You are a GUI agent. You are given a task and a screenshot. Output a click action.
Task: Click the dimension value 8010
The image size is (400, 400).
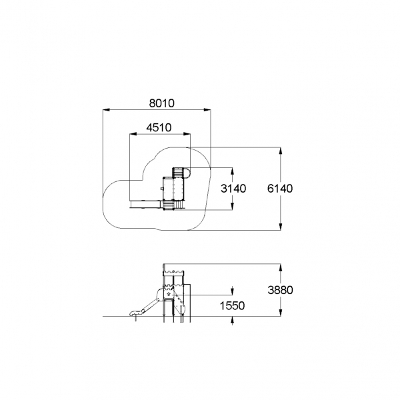162,103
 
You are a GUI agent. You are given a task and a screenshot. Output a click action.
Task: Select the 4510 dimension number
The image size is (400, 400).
159,127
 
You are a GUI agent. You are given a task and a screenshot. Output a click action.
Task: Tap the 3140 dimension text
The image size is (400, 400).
233,189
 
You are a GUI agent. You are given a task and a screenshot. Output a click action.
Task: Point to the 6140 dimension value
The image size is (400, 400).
280,189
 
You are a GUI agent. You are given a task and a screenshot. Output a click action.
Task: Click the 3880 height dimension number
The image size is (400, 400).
281,290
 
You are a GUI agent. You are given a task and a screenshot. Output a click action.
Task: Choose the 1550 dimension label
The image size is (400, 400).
232,305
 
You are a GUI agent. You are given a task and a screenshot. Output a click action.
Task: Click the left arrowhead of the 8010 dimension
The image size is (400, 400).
106,110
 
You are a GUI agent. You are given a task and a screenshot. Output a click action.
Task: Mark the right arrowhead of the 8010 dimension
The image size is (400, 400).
207,110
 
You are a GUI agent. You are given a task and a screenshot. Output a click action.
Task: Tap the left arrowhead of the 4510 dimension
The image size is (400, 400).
133,133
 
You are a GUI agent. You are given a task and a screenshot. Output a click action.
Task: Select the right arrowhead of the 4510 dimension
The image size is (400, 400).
187,133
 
